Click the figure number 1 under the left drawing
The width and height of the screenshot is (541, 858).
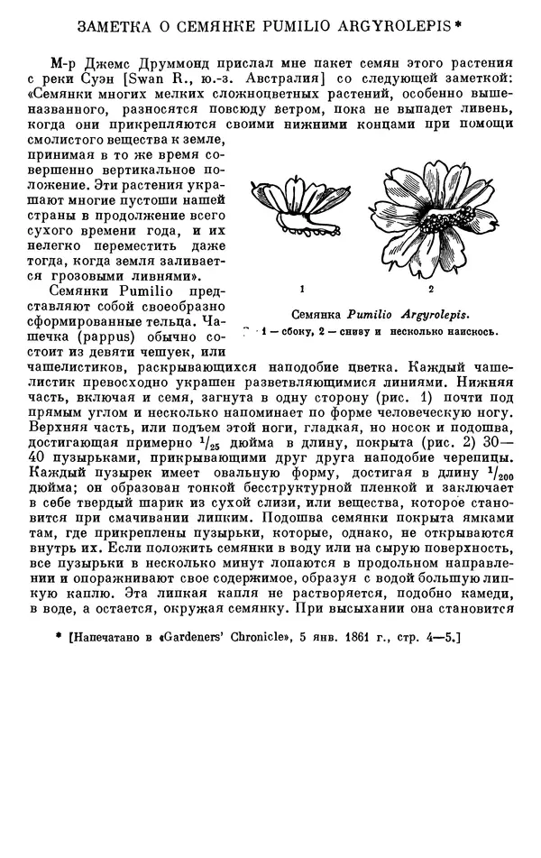[303, 289]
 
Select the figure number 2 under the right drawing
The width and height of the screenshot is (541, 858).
[431, 289]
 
